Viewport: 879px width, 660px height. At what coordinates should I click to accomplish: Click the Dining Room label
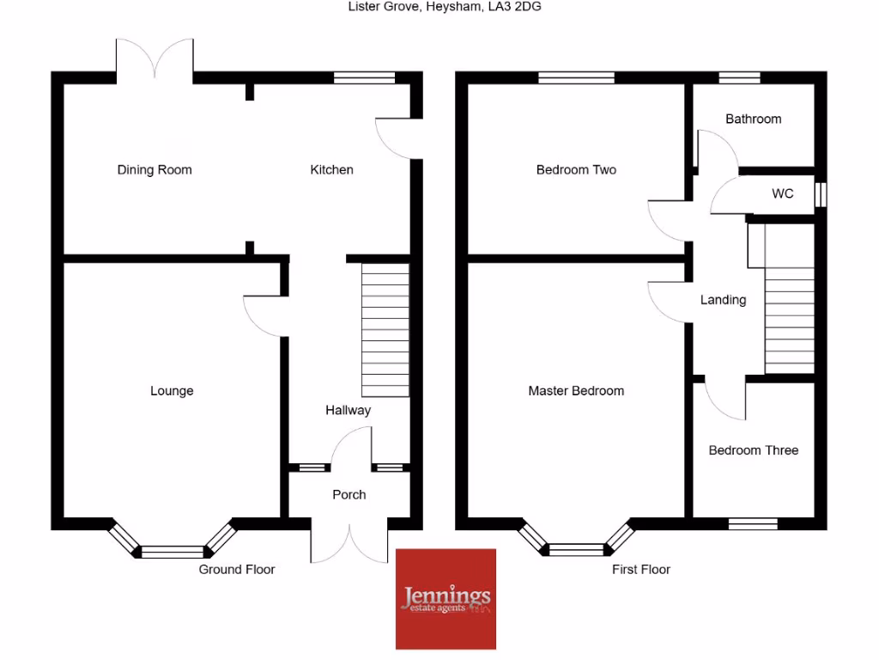point(155,170)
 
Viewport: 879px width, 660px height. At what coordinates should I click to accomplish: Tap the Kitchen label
point(331,170)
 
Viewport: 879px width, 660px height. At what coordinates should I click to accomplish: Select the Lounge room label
point(172,391)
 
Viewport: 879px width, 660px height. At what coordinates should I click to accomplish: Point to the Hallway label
point(348,411)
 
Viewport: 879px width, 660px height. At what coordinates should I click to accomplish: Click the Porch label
point(349,495)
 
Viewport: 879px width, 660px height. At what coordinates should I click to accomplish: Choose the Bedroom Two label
point(576,170)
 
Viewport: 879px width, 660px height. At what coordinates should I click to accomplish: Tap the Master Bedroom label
point(576,391)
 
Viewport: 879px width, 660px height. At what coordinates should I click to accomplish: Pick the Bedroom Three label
point(753,450)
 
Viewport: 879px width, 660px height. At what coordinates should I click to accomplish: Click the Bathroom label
point(753,119)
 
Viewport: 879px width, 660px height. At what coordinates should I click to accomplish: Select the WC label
point(782,194)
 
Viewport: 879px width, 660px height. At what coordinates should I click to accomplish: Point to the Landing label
point(723,301)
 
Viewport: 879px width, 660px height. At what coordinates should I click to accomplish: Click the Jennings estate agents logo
point(446,598)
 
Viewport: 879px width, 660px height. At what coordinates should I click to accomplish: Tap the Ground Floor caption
point(237,570)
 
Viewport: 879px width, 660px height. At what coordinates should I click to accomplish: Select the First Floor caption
point(641,570)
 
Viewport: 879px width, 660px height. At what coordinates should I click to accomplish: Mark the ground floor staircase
point(385,330)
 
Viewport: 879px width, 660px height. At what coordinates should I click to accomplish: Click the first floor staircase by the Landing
point(789,320)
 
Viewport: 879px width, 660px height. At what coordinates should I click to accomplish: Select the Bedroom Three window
point(753,522)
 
